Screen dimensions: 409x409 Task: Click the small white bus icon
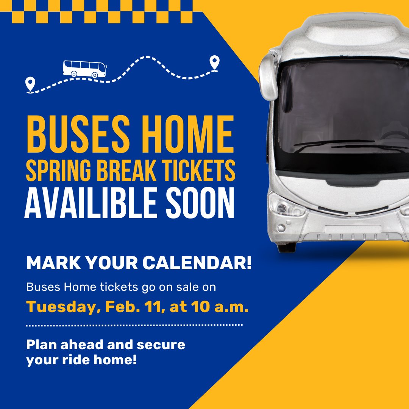tap(84, 69)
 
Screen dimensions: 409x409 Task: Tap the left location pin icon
tap(30, 84)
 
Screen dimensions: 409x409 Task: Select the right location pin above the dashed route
tap(215, 62)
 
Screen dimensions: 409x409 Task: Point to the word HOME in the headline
tap(184, 135)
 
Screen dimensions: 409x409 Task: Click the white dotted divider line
tap(134, 325)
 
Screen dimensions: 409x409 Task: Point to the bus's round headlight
tap(281, 208)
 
